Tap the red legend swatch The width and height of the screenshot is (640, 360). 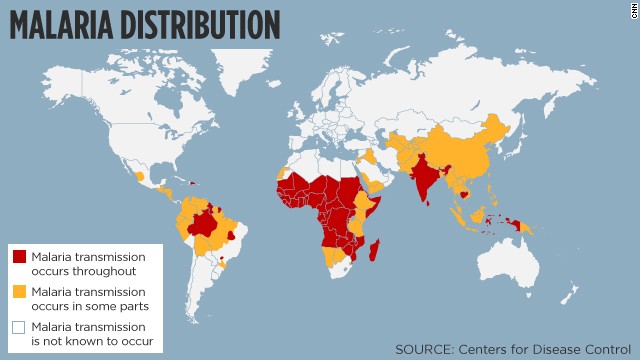point(20,257)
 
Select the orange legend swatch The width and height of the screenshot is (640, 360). point(20,291)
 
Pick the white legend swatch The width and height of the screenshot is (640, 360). point(20,327)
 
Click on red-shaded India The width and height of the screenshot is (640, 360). point(426,176)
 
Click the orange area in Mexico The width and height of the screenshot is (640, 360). point(139,176)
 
